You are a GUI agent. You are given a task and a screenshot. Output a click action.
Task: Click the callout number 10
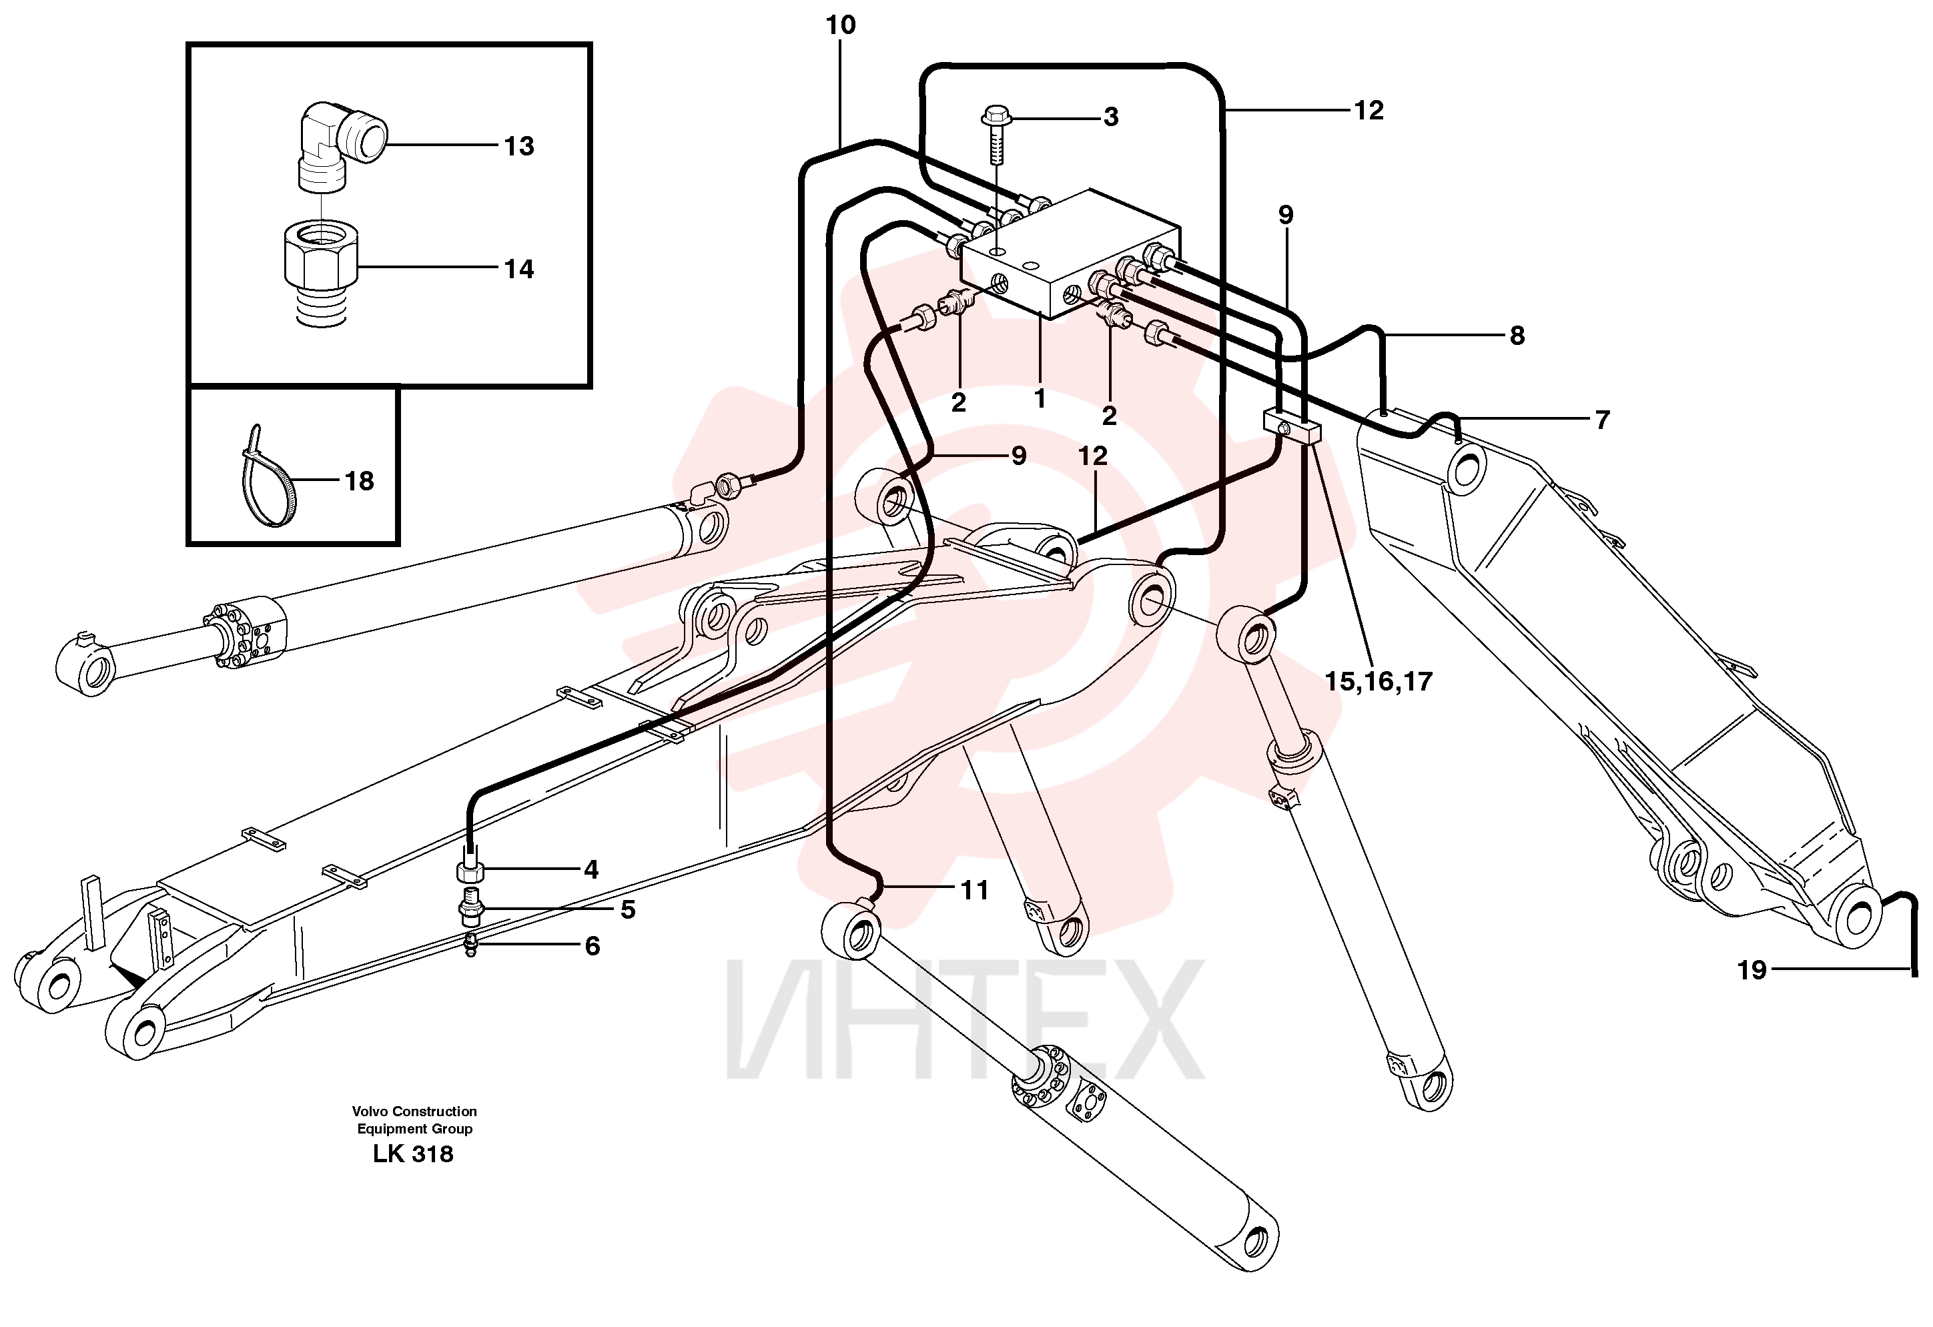tap(840, 25)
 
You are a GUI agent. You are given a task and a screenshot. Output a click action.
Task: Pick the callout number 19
tap(1752, 970)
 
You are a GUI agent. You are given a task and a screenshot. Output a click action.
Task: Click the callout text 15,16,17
tap(1379, 682)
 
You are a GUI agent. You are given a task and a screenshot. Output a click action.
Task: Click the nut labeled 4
tap(471, 873)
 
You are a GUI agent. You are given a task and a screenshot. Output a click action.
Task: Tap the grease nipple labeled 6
tap(472, 945)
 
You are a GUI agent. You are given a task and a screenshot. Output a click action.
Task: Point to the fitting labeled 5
tap(472, 909)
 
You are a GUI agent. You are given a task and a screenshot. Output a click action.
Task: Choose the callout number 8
tap(1517, 335)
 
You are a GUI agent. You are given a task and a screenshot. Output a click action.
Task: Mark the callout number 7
tap(1603, 419)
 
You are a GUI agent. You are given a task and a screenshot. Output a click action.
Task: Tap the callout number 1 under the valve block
tap(1039, 399)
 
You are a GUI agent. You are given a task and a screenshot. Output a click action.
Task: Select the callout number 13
tap(519, 146)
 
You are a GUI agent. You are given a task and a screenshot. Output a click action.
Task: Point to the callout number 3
tap(1110, 117)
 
